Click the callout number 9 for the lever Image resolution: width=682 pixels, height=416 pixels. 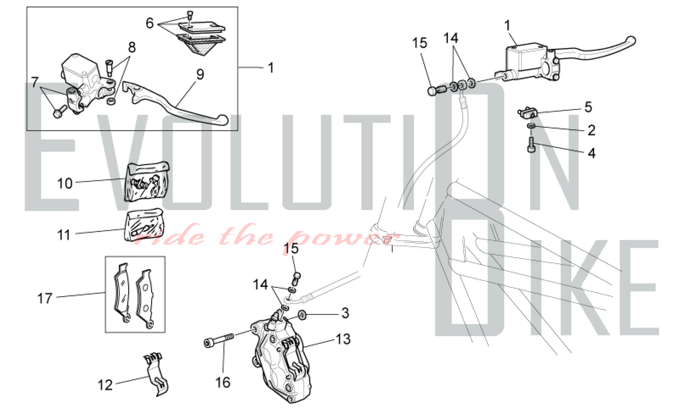point(200,75)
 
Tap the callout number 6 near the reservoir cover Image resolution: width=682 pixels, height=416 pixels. point(150,23)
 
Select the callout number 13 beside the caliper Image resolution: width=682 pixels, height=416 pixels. point(343,339)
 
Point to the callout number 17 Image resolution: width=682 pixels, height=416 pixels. point(45,298)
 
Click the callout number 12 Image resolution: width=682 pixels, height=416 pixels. point(105,385)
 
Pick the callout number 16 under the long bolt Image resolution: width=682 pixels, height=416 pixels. point(223,383)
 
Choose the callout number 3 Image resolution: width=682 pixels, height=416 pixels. point(345,313)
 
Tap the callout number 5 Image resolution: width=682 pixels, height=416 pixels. point(588,107)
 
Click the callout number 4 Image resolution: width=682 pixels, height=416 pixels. point(592,153)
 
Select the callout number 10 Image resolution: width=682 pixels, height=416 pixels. point(65,183)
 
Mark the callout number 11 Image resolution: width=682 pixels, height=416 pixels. point(64,235)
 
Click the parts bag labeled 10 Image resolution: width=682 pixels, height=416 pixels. point(147,182)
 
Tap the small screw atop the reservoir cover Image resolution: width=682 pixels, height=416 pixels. point(190,15)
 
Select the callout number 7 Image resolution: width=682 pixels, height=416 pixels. point(35,82)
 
